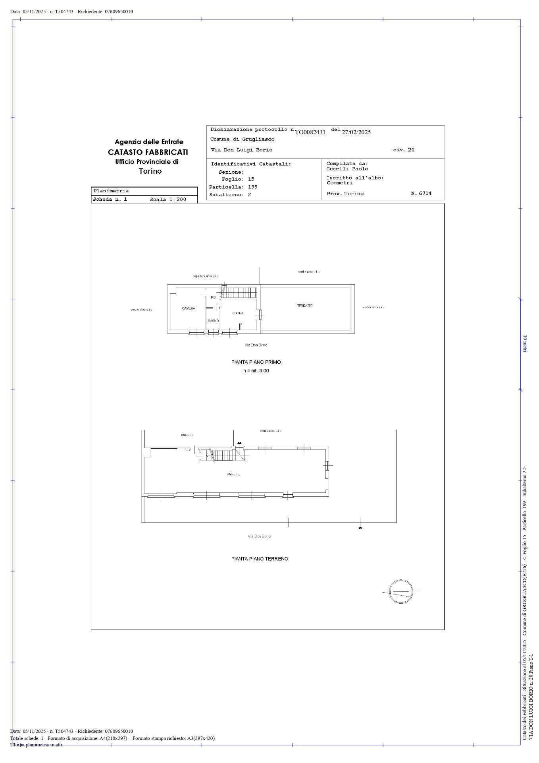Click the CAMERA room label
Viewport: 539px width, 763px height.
(x=189, y=308)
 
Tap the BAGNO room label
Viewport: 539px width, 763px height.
(x=213, y=321)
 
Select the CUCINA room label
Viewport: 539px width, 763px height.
(x=238, y=314)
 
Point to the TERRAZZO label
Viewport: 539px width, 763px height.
(x=305, y=306)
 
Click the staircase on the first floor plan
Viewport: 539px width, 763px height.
(x=239, y=293)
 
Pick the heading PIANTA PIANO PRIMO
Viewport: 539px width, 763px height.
(x=256, y=362)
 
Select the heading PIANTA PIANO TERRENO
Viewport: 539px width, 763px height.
(x=260, y=559)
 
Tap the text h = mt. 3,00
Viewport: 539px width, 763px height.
(x=256, y=371)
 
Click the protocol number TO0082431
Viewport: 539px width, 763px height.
(x=310, y=132)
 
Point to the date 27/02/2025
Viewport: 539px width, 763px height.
(x=356, y=132)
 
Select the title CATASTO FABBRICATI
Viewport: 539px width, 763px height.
(x=148, y=152)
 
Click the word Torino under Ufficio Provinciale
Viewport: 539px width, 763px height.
(x=150, y=171)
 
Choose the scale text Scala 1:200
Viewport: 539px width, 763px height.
(x=168, y=199)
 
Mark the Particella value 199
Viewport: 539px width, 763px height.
(x=253, y=187)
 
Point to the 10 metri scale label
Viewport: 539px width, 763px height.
(x=525, y=344)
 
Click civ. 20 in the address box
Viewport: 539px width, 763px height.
(x=404, y=150)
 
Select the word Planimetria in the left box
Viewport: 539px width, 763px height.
(x=111, y=191)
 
